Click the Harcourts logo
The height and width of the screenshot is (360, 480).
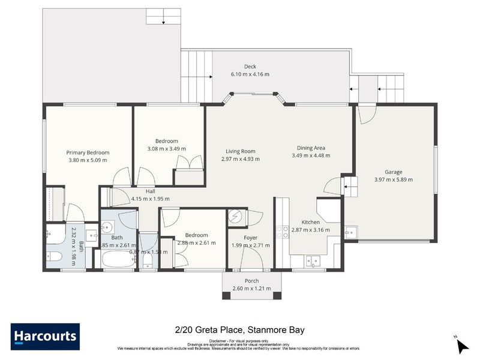point(45,337)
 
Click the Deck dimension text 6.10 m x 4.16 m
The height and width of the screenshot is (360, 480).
point(250,74)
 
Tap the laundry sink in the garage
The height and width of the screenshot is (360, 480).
point(351,231)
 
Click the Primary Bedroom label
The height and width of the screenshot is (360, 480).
point(88,152)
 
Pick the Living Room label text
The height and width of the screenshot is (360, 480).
point(241,151)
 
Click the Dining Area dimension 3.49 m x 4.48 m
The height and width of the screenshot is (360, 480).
point(311,155)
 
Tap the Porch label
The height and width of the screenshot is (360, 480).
point(251,281)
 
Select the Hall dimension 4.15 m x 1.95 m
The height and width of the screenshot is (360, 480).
point(150,199)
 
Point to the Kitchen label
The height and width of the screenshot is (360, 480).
point(311,222)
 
